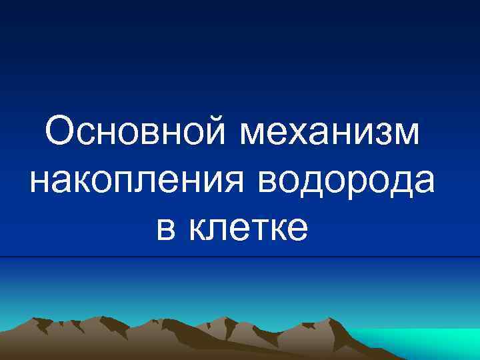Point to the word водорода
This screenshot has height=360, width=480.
click(x=346, y=181)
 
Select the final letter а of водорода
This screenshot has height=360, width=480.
click(x=423, y=184)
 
